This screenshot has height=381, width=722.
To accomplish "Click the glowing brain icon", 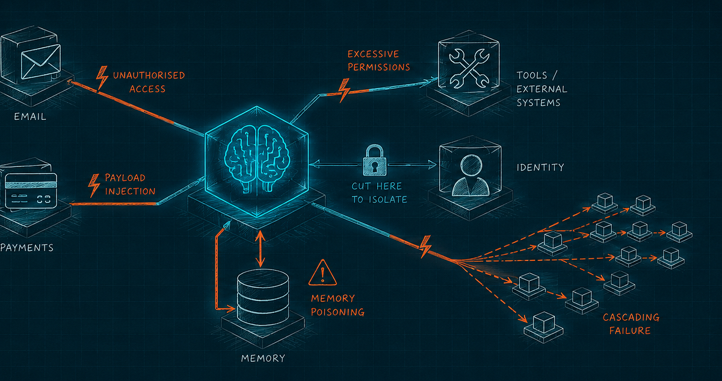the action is pyautogui.click(x=257, y=159).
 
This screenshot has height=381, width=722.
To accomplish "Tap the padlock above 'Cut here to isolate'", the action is pyautogui.click(x=374, y=160).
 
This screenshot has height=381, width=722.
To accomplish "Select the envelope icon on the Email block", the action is pyautogui.click(x=41, y=61).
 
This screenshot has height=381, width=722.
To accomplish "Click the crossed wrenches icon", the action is pyautogui.click(x=469, y=68).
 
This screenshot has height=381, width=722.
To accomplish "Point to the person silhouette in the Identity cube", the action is pyautogui.click(x=471, y=175).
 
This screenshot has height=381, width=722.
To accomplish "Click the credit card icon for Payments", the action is pyautogui.click(x=31, y=191).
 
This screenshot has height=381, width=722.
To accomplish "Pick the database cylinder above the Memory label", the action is pyautogui.click(x=263, y=297).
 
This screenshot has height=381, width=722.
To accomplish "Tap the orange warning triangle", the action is pyautogui.click(x=322, y=273).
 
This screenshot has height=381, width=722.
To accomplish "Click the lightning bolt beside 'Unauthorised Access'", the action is pyautogui.click(x=102, y=78).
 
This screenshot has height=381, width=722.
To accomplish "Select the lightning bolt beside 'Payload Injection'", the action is pyautogui.click(x=94, y=185).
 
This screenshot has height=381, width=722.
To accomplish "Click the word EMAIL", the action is pyautogui.click(x=30, y=116).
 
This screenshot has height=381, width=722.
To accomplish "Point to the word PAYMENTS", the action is pyautogui.click(x=26, y=248).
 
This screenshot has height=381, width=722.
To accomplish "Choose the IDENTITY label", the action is pyautogui.click(x=540, y=167).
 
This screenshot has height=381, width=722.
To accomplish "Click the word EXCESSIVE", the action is pyautogui.click(x=373, y=54).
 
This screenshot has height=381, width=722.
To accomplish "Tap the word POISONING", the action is pyautogui.click(x=338, y=312).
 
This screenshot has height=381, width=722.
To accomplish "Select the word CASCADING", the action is pyautogui.click(x=631, y=317).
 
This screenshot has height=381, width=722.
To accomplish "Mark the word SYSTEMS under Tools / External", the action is pyautogui.click(x=538, y=102).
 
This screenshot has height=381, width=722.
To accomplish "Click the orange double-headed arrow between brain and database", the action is pyautogui.click(x=260, y=249).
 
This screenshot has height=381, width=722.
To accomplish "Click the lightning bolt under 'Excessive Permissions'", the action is pyautogui.click(x=344, y=90).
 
